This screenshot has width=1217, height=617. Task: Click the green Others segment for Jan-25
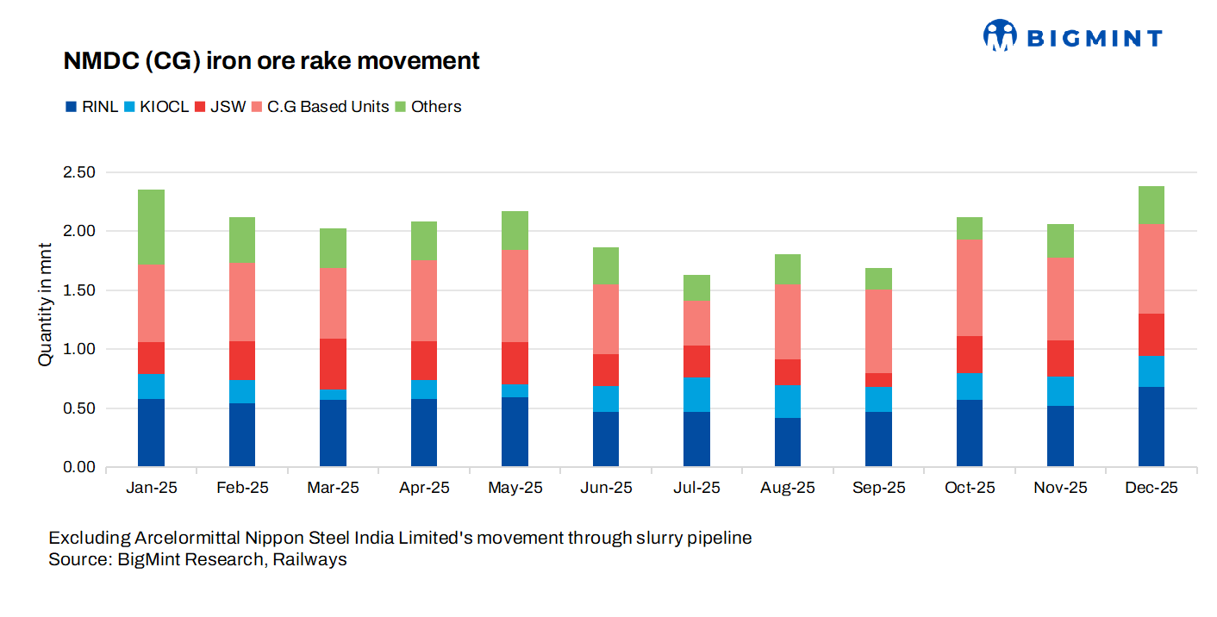coord(151,227)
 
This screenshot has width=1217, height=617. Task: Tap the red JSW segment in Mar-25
coord(333,364)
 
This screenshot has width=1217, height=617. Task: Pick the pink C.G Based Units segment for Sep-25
coord(878,331)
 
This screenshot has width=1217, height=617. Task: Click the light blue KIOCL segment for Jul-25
coord(696,394)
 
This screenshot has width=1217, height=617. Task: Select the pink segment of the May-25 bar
coord(515,296)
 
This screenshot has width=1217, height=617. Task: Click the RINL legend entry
coord(92,107)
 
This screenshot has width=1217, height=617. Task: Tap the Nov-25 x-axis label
coord(1060,488)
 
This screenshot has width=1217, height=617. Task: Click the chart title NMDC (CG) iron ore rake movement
coord(271,61)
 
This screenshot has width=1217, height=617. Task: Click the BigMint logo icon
coord(1000,36)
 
